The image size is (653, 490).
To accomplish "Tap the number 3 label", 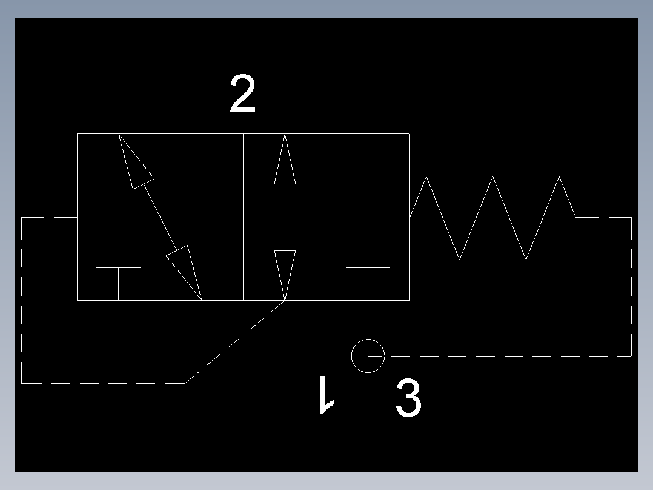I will point(408,398).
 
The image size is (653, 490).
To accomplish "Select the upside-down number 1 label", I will point(326,395).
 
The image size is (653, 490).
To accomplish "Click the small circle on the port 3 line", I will point(368,356).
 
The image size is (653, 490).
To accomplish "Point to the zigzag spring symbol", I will point(492,216).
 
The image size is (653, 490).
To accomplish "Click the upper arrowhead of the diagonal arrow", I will point(134,161).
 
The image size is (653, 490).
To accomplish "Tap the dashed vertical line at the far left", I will point(22,300).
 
